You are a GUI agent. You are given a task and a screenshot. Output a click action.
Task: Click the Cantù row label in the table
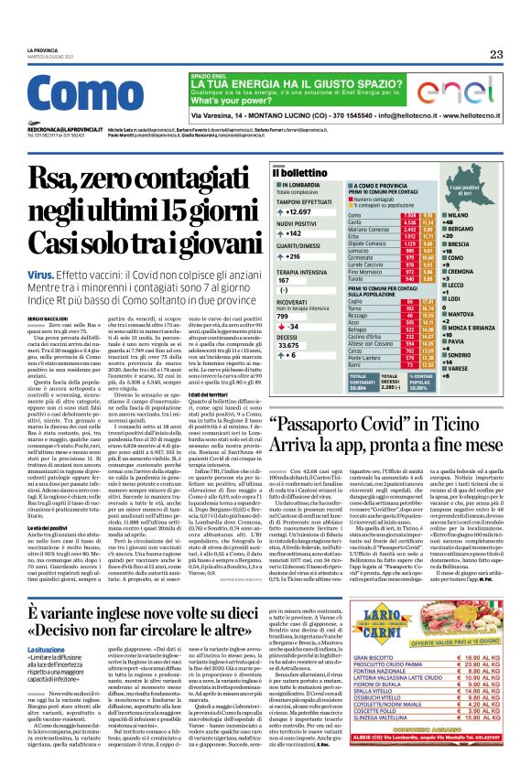354,221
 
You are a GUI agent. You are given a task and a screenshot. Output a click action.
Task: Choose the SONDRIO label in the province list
485,356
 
